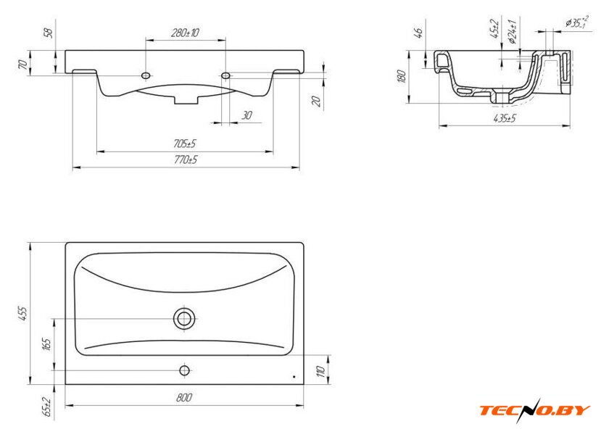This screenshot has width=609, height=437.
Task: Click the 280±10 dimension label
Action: [x=186, y=33]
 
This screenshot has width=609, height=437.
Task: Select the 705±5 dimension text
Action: [x=185, y=143]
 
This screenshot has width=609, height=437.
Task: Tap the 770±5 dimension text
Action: [x=186, y=159]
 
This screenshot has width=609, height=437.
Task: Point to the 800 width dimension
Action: [x=184, y=398]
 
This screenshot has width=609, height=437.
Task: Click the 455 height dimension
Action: [x=23, y=313]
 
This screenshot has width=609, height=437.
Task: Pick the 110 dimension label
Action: [x=320, y=371]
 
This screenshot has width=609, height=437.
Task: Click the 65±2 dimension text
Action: [x=47, y=407]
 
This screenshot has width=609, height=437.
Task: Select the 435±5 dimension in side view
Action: [x=505, y=118]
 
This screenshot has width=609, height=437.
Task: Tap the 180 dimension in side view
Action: [x=402, y=76]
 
